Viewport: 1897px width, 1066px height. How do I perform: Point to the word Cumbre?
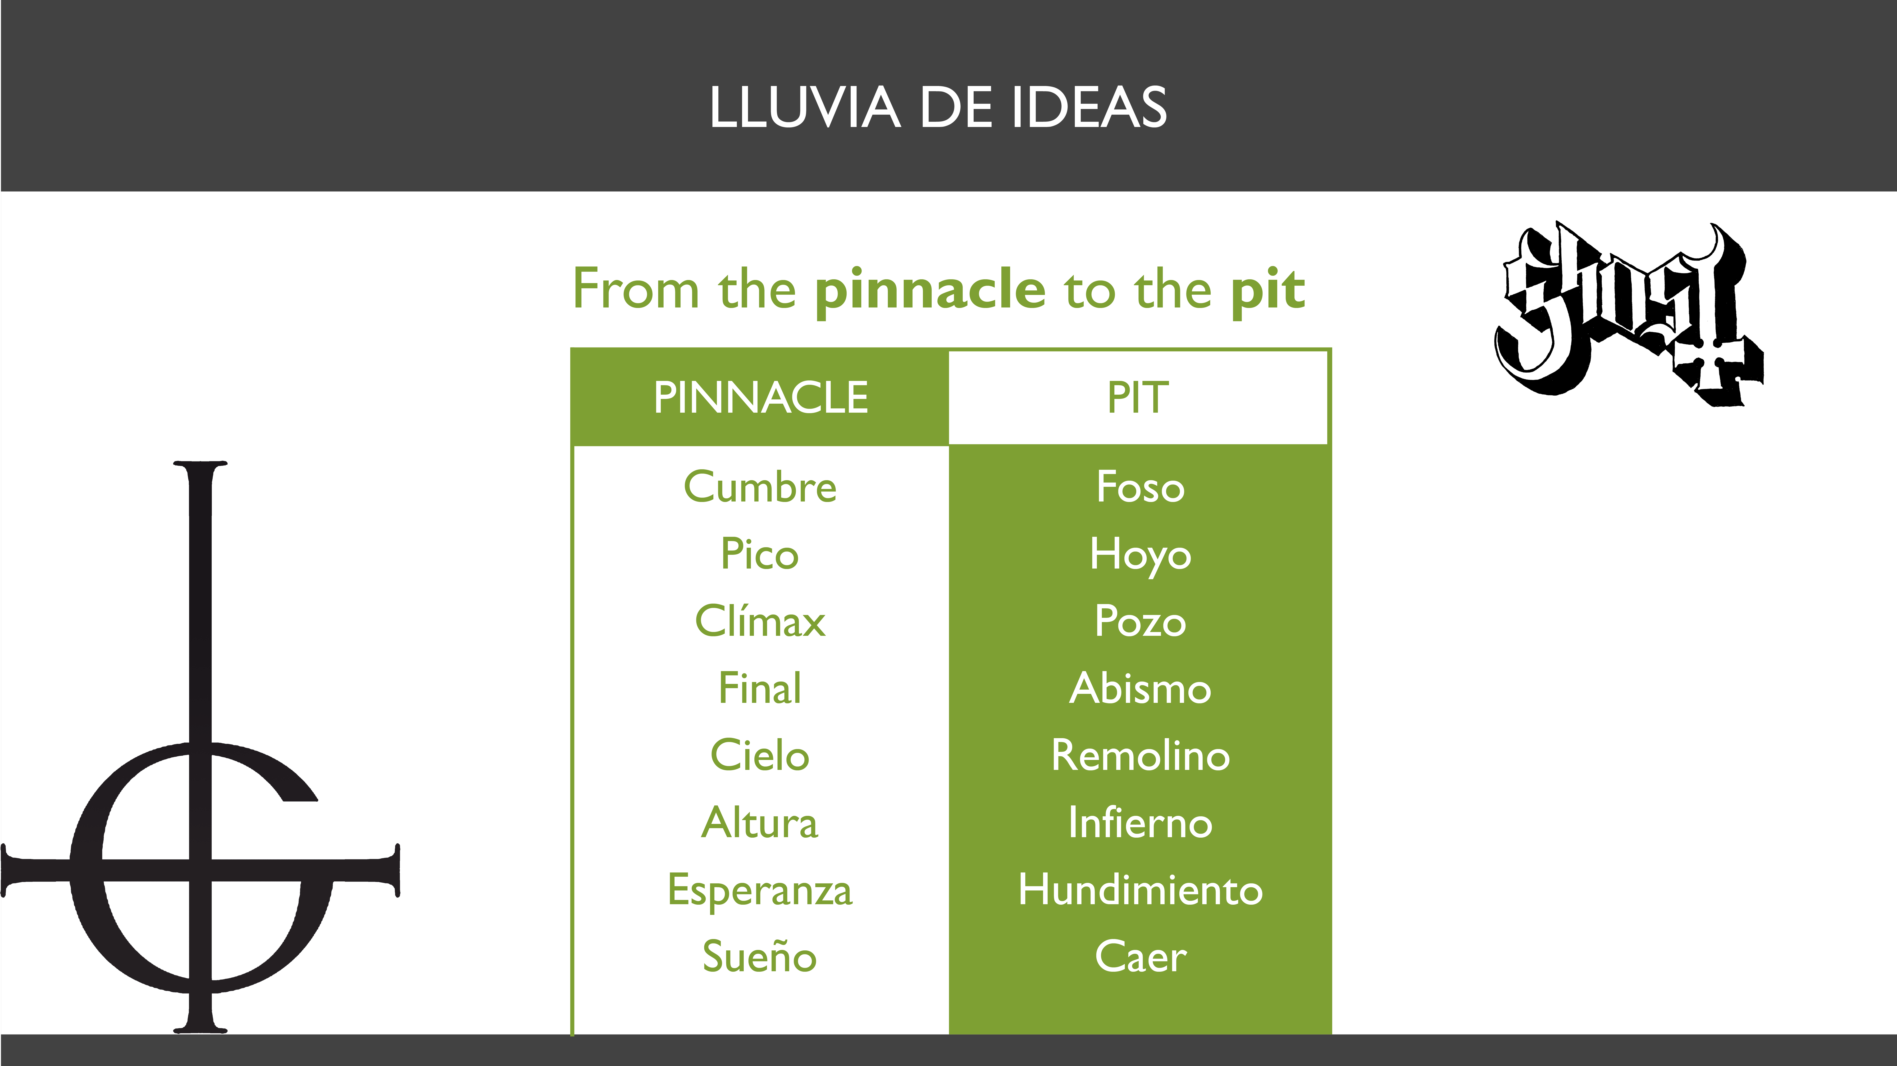(x=760, y=487)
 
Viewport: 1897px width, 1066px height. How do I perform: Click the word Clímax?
(x=760, y=621)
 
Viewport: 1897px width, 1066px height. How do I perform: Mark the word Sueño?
(x=760, y=956)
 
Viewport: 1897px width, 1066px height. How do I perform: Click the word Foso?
(x=1141, y=487)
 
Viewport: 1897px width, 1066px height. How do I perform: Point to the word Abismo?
(x=1141, y=688)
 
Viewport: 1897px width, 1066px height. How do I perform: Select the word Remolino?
(x=1141, y=755)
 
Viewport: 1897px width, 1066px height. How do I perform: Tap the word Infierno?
(x=1141, y=822)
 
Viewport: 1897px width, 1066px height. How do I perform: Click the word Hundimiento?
(x=1141, y=889)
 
